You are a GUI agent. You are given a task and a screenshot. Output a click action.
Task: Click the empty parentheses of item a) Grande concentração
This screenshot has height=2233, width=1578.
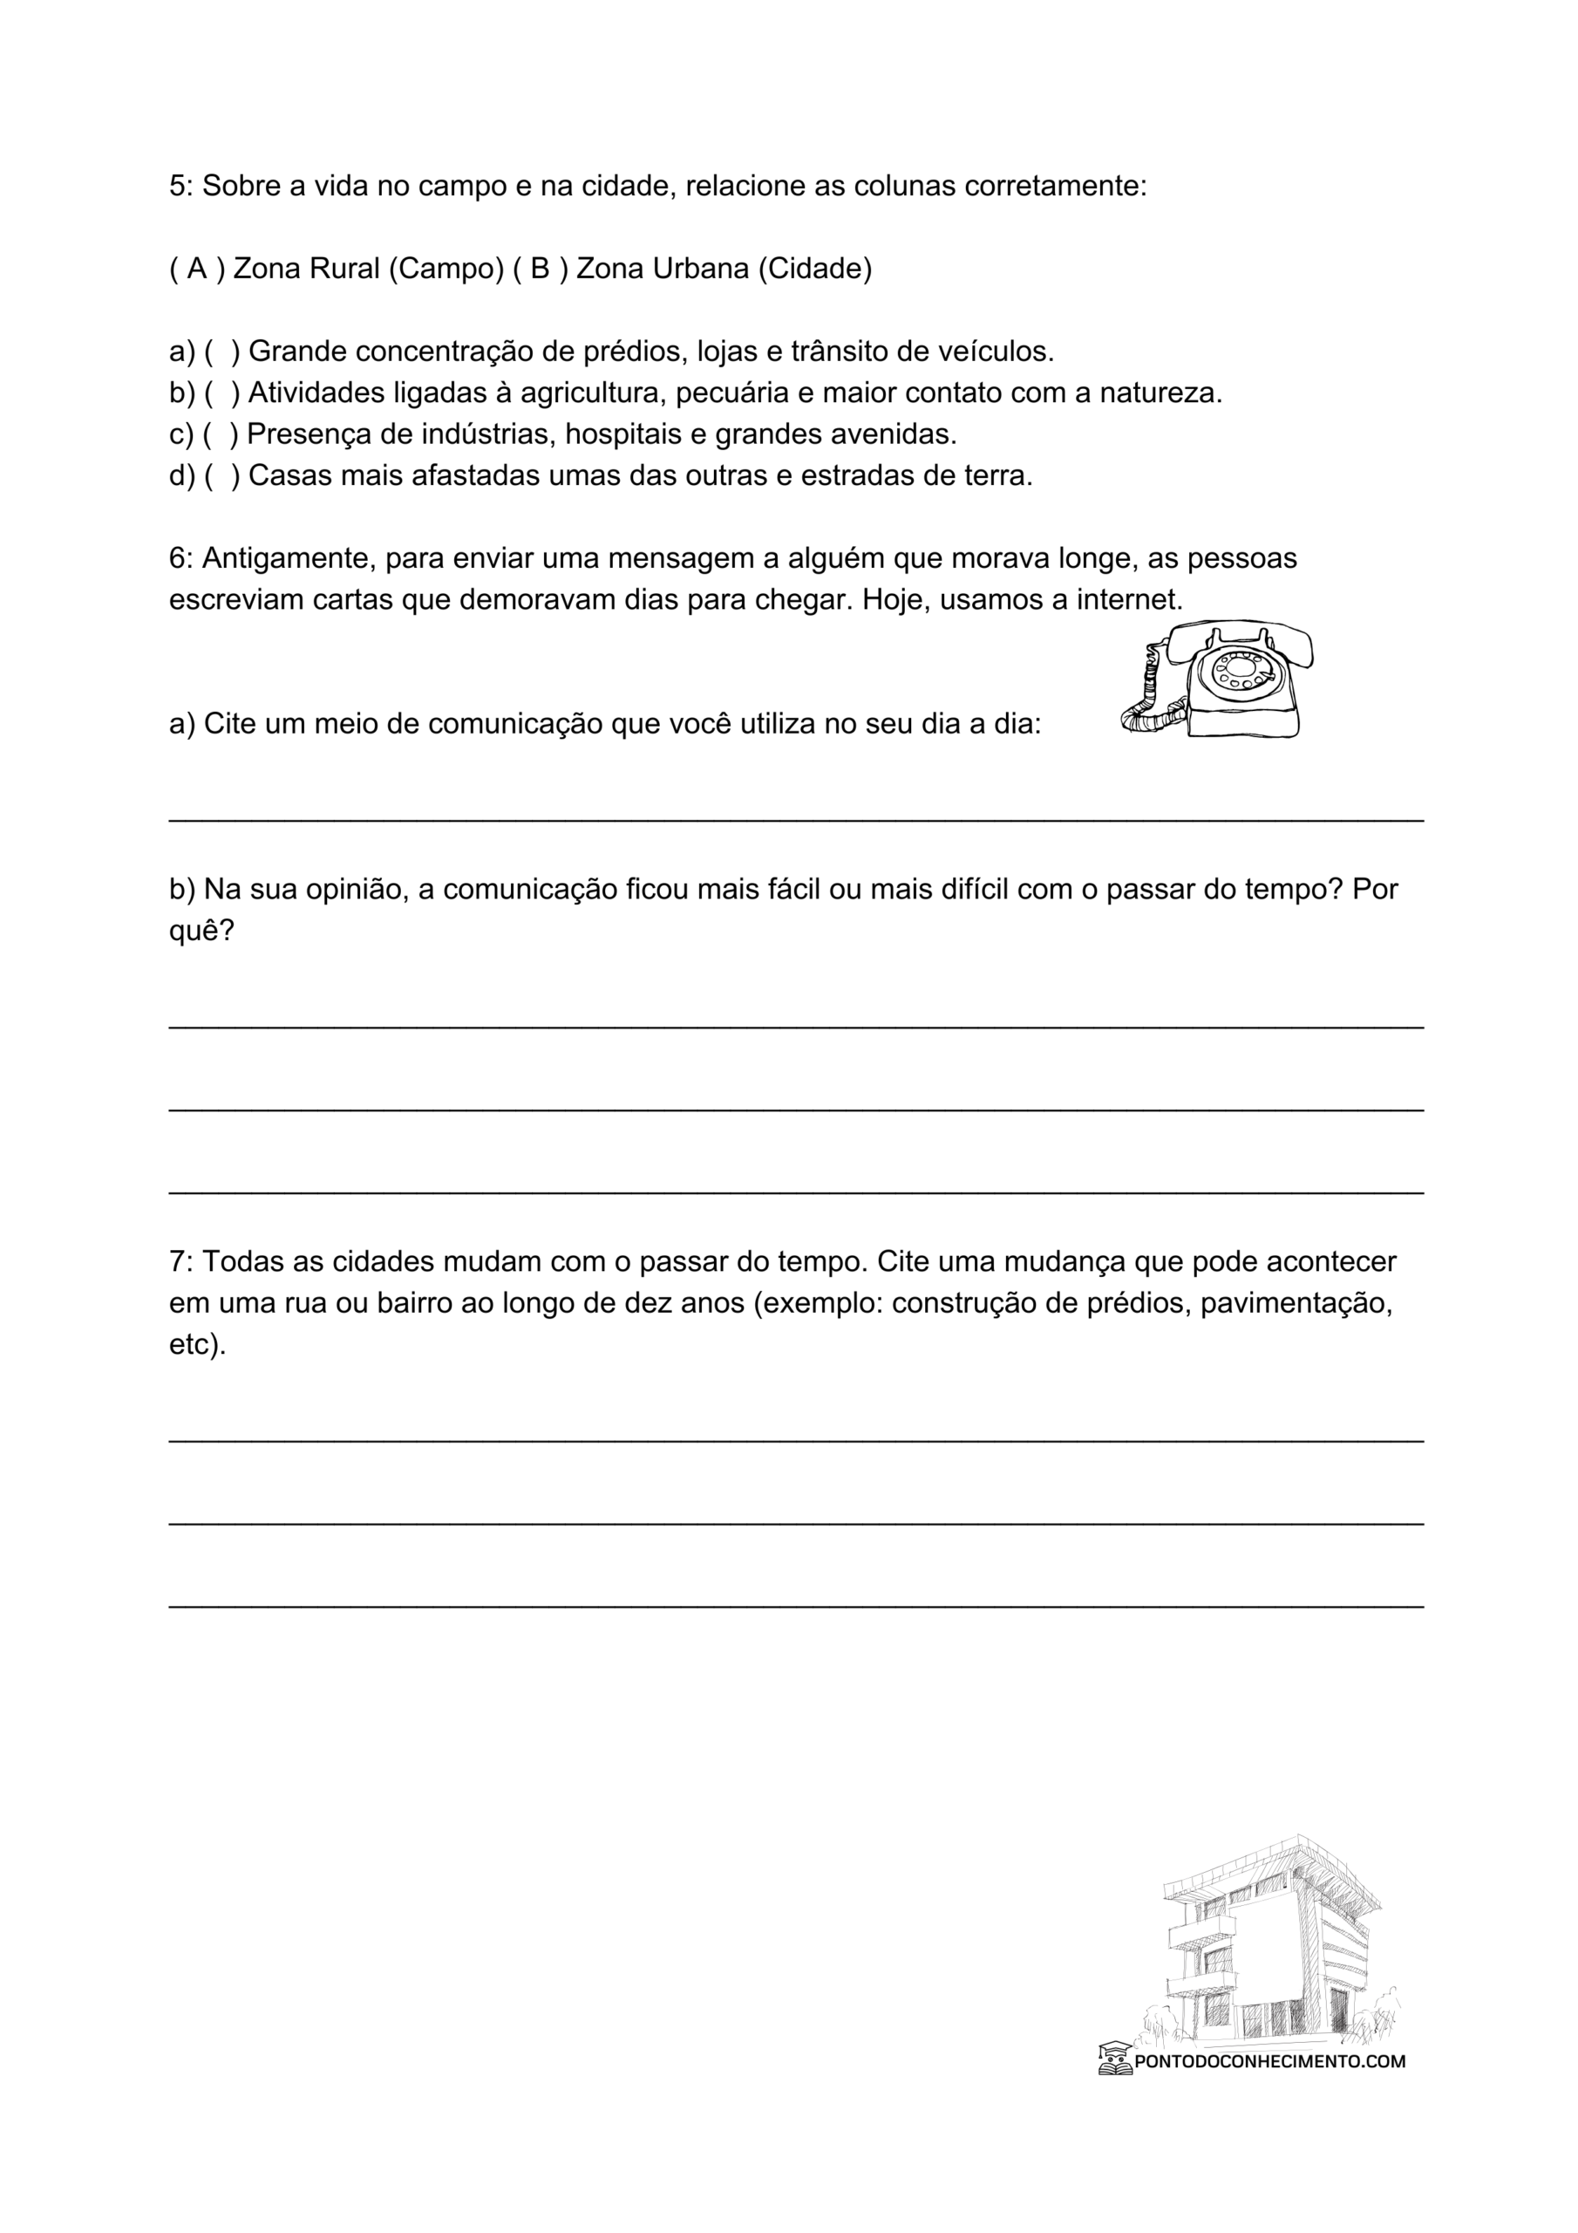(221, 352)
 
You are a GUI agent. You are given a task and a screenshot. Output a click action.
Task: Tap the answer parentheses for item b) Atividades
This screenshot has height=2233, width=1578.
(221, 393)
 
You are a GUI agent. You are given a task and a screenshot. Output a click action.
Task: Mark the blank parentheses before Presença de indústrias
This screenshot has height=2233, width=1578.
(221, 434)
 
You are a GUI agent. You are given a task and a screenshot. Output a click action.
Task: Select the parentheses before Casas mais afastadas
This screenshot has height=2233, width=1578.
(221, 475)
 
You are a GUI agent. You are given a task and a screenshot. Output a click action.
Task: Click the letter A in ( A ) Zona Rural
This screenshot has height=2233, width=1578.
(197, 269)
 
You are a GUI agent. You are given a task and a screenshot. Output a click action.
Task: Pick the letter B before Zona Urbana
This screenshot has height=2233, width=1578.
(541, 269)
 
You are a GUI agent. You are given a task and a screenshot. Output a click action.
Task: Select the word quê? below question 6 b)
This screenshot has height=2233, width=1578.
(202, 930)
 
